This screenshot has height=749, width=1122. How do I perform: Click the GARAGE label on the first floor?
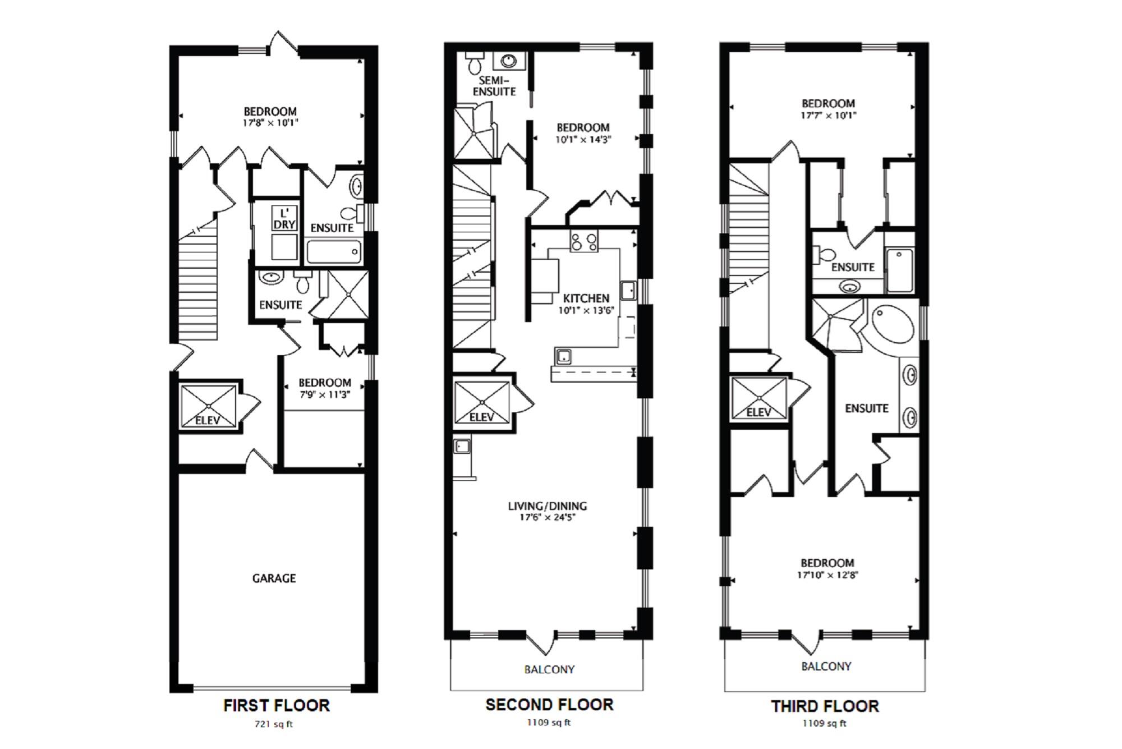pyautogui.click(x=274, y=578)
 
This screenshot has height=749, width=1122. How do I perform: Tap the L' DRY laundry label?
pyautogui.click(x=284, y=219)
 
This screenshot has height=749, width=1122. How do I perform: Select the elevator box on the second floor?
pyautogui.click(x=482, y=402)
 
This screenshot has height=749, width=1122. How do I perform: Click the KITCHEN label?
pyautogui.click(x=586, y=298)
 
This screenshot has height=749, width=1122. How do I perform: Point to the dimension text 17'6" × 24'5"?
pyautogui.click(x=548, y=517)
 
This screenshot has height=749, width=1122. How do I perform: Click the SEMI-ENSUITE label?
pyautogui.click(x=494, y=86)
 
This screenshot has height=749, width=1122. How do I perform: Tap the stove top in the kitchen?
pyautogui.click(x=584, y=242)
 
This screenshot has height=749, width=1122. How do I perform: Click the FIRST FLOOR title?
pyautogui.click(x=276, y=705)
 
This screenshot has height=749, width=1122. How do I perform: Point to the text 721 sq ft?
pyautogui.click(x=274, y=724)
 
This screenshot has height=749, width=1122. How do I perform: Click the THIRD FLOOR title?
pyautogui.click(x=825, y=706)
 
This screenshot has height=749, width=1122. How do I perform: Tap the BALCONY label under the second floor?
pyautogui.click(x=549, y=669)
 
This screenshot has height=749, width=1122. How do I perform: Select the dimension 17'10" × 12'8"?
pyautogui.click(x=827, y=575)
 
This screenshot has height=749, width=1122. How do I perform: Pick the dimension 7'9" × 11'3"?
pyautogui.click(x=325, y=394)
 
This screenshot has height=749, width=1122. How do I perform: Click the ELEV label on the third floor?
pyautogui.click(x=758, y=412)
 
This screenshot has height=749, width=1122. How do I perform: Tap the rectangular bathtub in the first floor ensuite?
pyautogui.click(x=334, y=252)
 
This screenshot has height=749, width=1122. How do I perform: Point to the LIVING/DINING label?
pyautogui.click(x=548, y=506)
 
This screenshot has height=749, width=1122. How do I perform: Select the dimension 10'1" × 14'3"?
pyautogui.click(x=583, y=140)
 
